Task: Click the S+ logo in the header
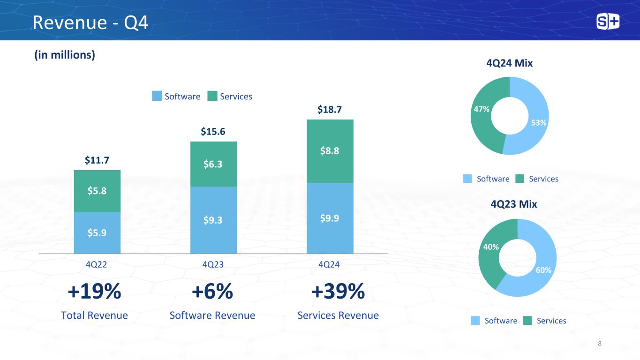click(x=608, y=22)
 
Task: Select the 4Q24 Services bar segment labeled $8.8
click(x=330, y=151)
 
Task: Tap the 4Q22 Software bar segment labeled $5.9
click(x=97, y=232)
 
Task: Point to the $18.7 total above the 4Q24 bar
click(x=330, y=110)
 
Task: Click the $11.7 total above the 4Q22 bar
click(x=97, y=161)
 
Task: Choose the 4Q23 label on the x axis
click(x=213, y=264)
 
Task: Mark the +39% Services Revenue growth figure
click(x=338, y=292)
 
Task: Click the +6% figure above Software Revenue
click(x=212, y=292)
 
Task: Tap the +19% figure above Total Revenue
click(x=95, y=292)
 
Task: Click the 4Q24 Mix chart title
click(x=510, y=63)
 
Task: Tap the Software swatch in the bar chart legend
click(x=157, y=96)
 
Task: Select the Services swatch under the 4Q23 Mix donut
click(x=528, y=321)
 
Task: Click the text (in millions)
click(x=64, y=55)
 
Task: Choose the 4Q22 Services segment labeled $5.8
click(x=97, y=191)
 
